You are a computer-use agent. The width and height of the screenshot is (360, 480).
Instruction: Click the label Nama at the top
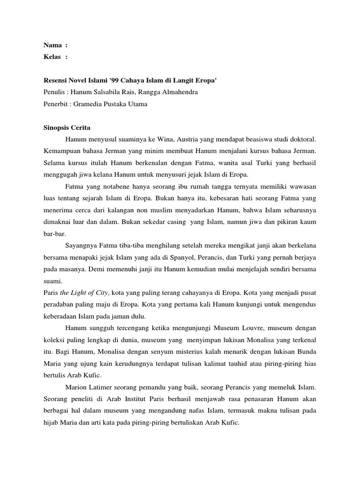coord(52,45)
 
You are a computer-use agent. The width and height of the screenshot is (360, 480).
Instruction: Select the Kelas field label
coord(52,57)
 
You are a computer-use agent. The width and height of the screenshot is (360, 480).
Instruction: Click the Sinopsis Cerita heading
coord(67,127)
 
